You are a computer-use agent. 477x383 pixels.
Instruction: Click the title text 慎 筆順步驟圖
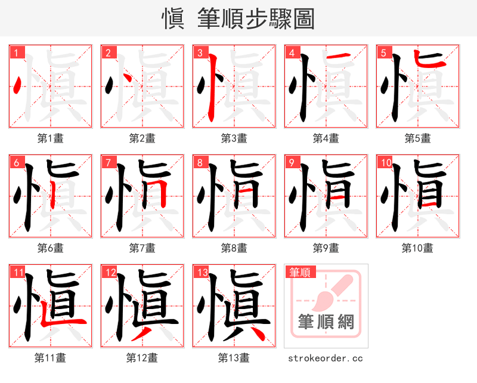[238, 18]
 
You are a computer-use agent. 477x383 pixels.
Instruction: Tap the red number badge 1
[16, 52]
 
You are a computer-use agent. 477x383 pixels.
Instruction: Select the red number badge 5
[383, 52]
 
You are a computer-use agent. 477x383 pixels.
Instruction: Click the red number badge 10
[385, 162]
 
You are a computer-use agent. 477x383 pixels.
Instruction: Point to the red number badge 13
[202, 273]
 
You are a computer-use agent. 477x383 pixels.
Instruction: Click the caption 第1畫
[50, 138]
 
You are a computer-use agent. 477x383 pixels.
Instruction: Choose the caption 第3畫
[234, 138]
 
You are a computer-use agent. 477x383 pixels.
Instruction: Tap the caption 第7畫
[142, 248]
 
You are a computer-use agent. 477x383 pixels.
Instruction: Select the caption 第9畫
[326, 248]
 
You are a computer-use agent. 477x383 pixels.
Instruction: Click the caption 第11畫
[50, 358]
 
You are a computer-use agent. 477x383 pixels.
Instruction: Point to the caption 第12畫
[142, 358]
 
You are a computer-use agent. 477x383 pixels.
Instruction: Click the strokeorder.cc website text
[326, 358]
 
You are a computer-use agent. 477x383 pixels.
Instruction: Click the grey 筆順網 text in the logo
[326, 323]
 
